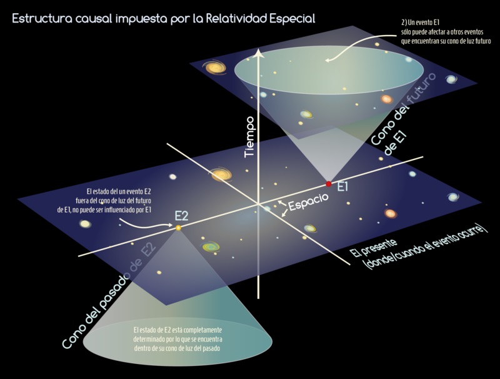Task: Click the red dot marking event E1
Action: (x=329, y=184)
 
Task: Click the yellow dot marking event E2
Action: (x=178, y=228)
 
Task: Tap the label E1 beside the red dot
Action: (x=342, y=187)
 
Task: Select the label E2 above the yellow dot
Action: (x=181, y=216)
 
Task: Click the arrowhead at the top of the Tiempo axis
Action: (x=258, y=53)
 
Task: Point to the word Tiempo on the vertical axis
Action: (x=249, y=136)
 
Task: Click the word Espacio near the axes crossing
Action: (x=308, y=202)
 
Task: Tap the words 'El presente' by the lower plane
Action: (x=374, y=248)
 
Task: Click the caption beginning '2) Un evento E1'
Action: (x=446, y=32)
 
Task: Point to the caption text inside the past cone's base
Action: (x=177, y=339)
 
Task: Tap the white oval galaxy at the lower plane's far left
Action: (x=85, y=224)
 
